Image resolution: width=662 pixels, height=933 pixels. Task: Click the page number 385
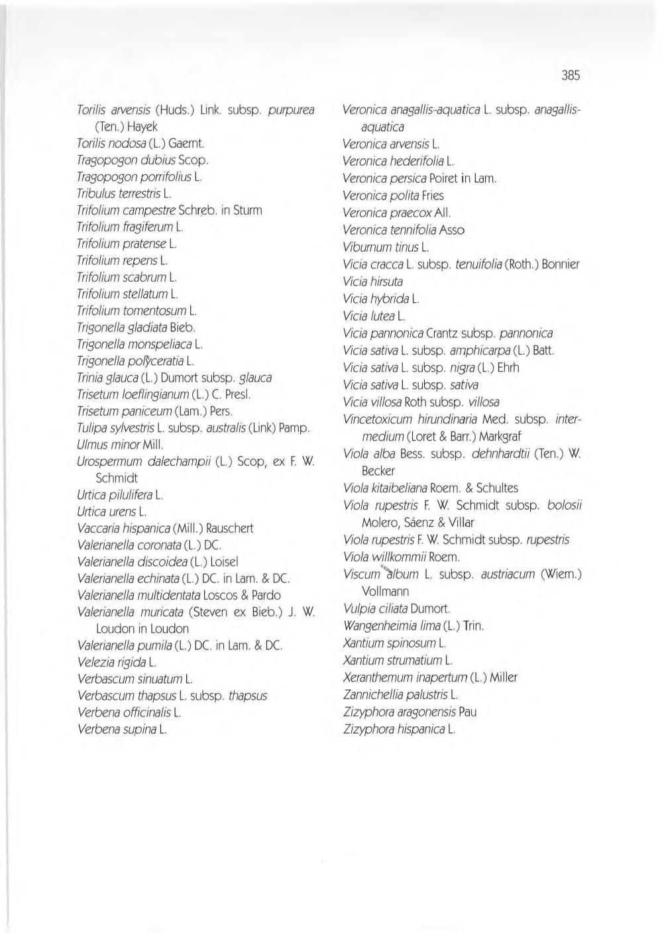pos(570,76)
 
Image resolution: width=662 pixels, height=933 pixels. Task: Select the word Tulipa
pos(91,428)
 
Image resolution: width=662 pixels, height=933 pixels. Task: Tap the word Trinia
pos(91,378)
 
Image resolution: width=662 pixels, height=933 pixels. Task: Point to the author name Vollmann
pos(386,591)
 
